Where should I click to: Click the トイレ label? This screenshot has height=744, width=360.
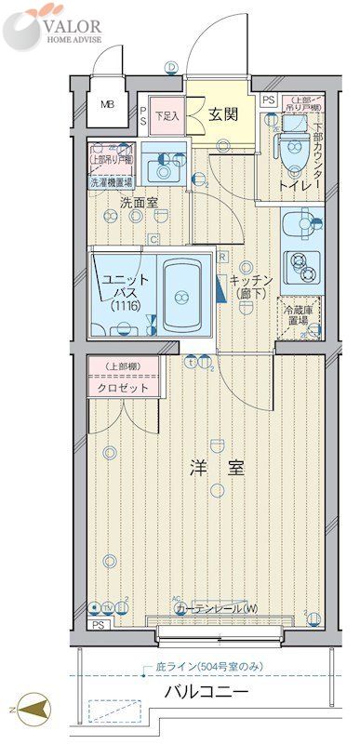click(293, 185)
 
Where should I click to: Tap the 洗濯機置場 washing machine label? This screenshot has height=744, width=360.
click(111, 182)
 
